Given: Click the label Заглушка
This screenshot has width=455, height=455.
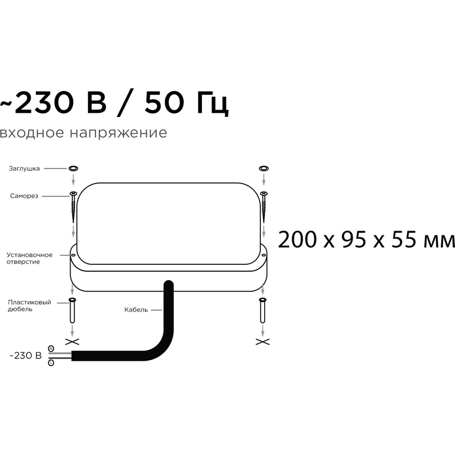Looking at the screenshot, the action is click(24, 169).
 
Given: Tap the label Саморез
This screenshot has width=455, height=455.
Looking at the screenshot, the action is click(24, 196).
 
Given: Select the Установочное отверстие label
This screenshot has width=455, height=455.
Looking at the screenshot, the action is click(29, 258).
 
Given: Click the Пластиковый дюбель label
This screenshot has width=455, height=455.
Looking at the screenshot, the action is click(29, 306).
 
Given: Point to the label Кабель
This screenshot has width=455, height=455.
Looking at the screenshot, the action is click(136, 310).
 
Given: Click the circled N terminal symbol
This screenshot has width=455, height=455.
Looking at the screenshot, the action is click(51, 349).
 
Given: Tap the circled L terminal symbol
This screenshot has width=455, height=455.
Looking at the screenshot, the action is click(51, 363).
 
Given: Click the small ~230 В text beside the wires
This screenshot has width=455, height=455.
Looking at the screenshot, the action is click(26, 355).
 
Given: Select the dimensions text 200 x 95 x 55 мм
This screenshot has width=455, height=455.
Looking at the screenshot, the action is click(366, 240).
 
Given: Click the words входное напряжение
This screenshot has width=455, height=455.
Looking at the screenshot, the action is click(83, 133).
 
